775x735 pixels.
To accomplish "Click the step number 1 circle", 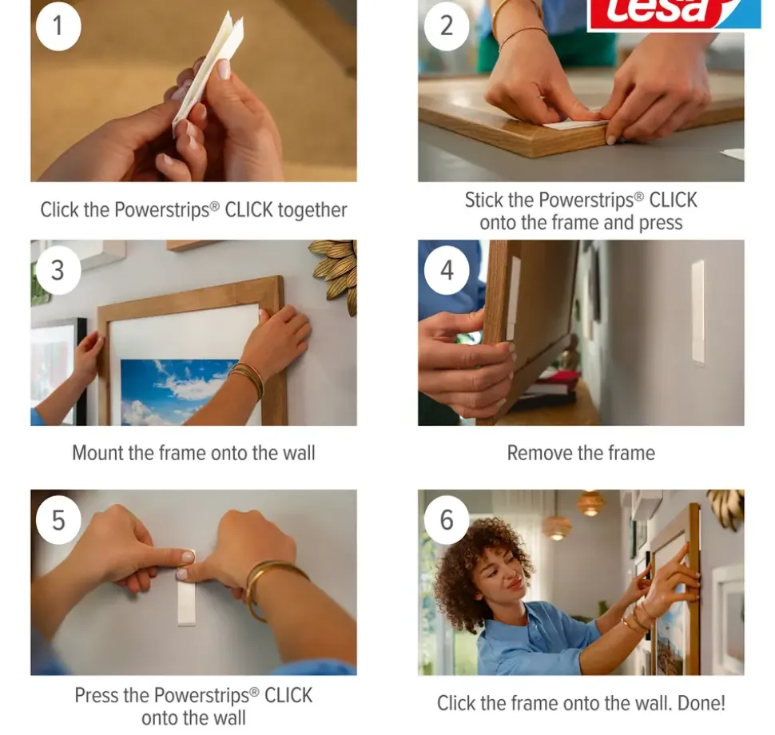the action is click(x=58, y=26).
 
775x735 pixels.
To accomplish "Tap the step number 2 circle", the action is click(x=447, y=26).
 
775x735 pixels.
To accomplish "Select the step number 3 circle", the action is click(x=58, y=270).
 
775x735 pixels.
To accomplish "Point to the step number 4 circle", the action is click(x=447, y=270).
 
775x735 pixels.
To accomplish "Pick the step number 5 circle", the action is click(x=58, y=520).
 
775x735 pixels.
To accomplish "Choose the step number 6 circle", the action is click(x=447, y=520).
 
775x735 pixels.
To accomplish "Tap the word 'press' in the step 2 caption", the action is click(x=660, y=224).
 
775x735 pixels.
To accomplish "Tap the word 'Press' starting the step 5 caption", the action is click(x=97, y=696).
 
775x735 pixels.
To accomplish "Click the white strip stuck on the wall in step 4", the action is click(x=697, y=312).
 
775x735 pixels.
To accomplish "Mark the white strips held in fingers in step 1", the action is click(x=208, y=72).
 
